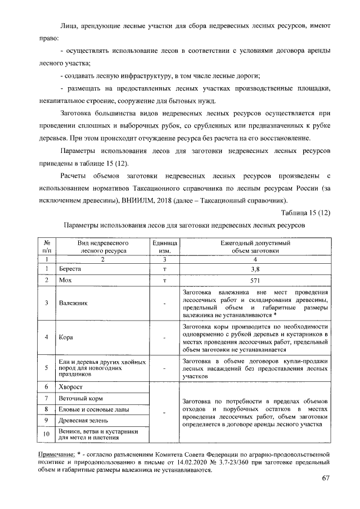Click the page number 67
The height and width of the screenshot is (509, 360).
point(325,478)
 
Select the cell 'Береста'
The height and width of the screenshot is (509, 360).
point(70,269)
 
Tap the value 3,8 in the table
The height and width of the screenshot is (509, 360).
point(256,269)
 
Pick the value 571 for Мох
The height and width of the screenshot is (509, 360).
point(256,280)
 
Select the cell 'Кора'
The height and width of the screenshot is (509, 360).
point(66,337)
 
